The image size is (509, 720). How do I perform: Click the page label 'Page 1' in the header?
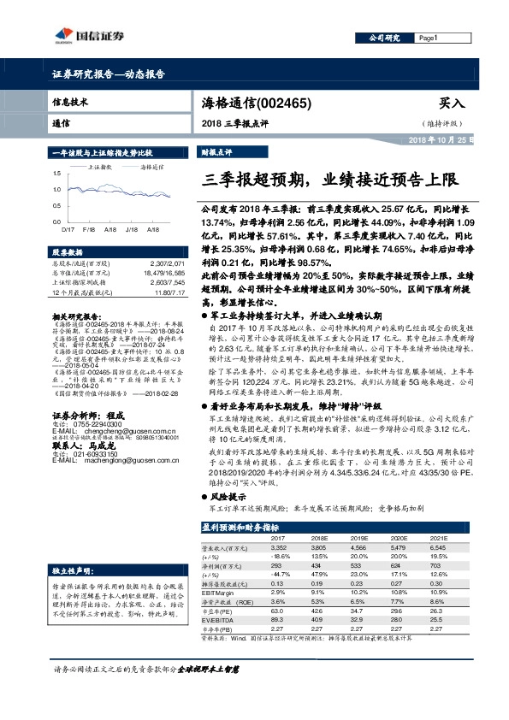pos(429,38)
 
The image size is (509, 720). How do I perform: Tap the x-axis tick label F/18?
pos(88,230)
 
